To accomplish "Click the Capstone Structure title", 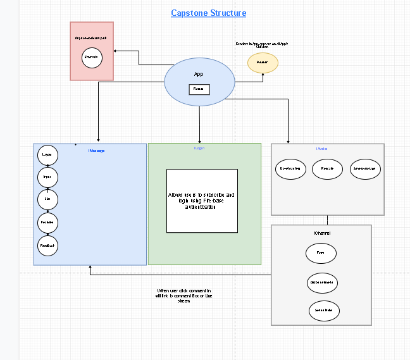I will pos(209,13).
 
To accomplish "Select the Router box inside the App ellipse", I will pos(199,89).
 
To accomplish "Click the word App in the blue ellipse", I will pos(199,74).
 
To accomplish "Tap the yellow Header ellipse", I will pos(263,63).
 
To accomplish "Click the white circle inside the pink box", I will pos(92,58).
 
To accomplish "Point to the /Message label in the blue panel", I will pos(96,150).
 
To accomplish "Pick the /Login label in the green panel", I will pos(199,148).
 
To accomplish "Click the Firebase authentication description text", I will pos(201,201).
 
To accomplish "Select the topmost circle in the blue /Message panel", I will pos(47,155).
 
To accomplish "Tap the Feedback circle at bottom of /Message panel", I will pos(47,245).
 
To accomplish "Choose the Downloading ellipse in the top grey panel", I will pos(292,169).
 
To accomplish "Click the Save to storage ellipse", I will pos(364,169).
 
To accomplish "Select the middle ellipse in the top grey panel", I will pos(327,169).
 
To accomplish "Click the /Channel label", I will pos(321,233).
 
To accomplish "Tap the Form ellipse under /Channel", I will pos(321,254).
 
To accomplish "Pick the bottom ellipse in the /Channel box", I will pos(324,311).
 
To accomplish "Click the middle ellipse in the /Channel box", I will pos(322,282).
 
